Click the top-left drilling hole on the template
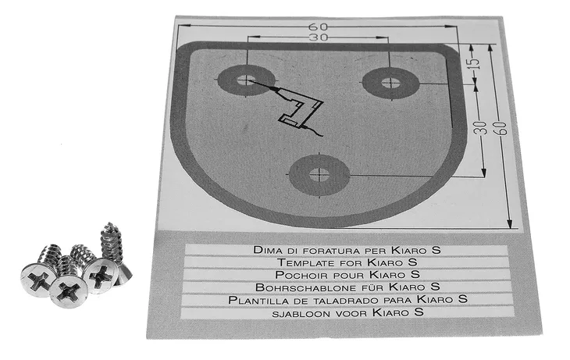click(x=247, y=80)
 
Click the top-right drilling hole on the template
click(x=390, y=84)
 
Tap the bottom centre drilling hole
click(x=319, y=175)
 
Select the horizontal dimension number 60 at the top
click(x=318, y=27)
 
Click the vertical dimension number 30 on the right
click(x=480, y=128)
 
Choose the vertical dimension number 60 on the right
click(x=501, y=128)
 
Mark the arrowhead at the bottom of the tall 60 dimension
click(x=510, y=223)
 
